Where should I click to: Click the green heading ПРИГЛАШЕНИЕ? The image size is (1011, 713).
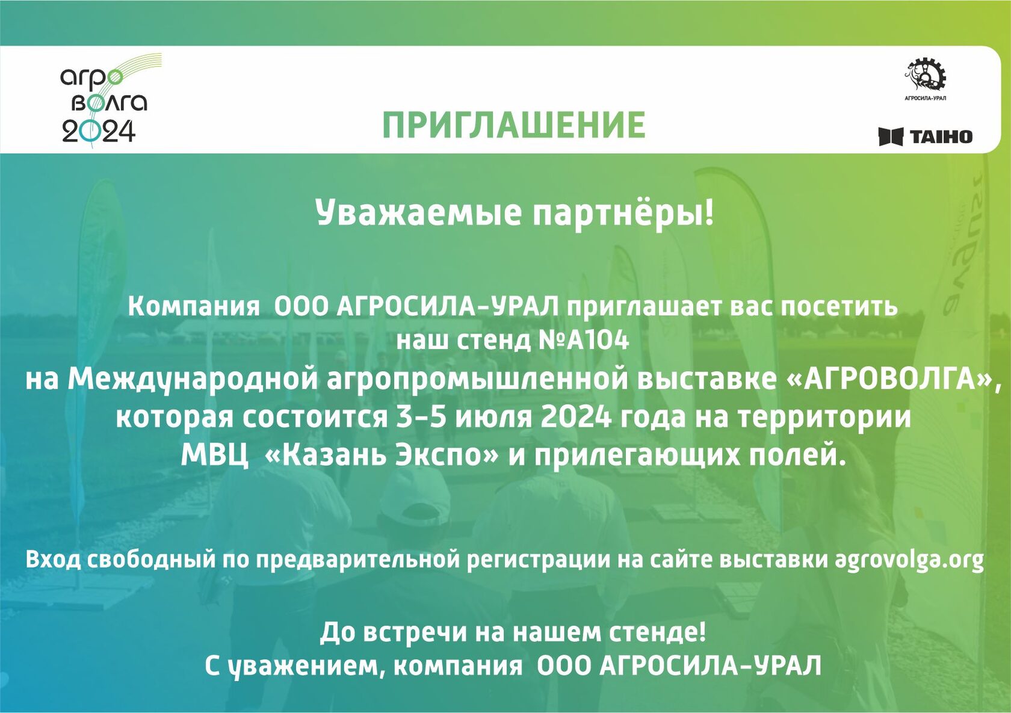tap(514, 125)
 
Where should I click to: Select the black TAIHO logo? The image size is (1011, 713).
tap(926, 136)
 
